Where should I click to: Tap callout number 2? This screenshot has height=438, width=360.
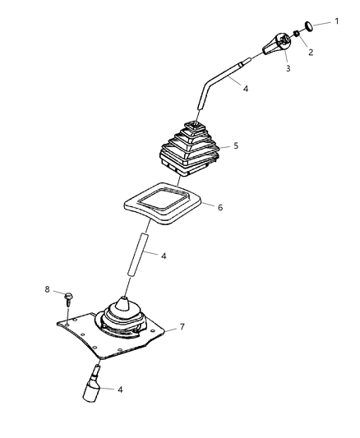310,52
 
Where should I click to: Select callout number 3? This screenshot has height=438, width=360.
287,69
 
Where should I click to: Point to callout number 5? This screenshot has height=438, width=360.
235,145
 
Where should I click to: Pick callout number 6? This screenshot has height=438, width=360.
220,209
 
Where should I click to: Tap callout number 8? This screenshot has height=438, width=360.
48,289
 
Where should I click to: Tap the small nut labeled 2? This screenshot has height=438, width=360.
295,35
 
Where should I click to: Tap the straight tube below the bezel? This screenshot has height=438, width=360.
136,256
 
